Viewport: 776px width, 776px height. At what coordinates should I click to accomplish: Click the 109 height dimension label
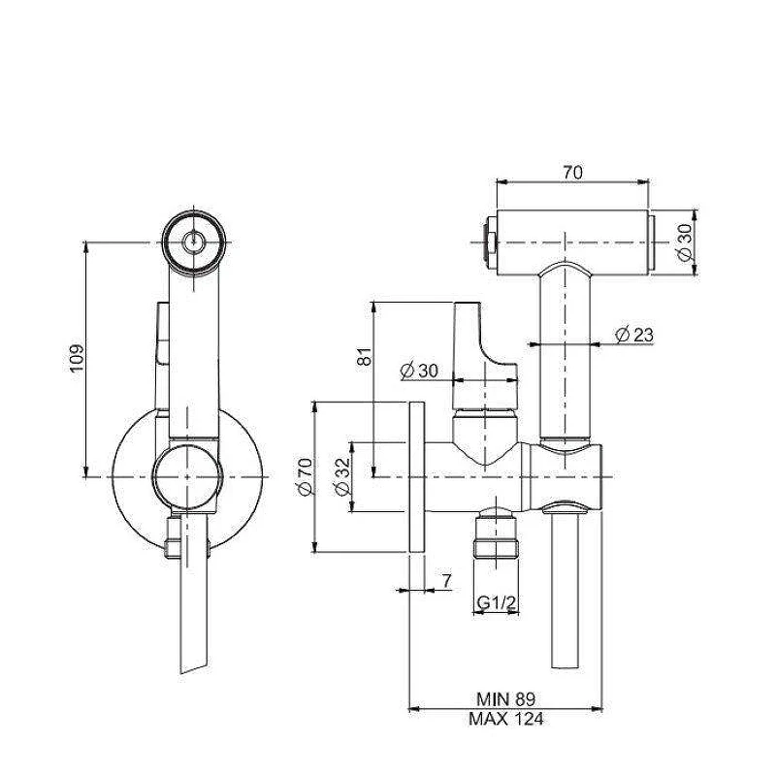[77, 358]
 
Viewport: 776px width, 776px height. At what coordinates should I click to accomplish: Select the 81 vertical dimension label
[365, 356]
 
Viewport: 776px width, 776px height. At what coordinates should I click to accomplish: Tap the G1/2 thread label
[497, 602]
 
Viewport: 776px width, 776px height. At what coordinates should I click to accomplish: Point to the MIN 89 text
[505, 699]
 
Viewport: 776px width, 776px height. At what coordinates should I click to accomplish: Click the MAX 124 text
[505, 719]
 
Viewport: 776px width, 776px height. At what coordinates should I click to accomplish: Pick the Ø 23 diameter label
[634, 335]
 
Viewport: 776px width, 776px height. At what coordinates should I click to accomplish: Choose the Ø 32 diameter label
[342, 476]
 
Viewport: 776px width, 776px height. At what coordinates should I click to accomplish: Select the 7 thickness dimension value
[447, 580]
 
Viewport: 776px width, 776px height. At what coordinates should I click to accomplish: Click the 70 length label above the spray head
[572, 173]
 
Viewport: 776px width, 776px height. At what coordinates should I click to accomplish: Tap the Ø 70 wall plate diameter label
[305, 476]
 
